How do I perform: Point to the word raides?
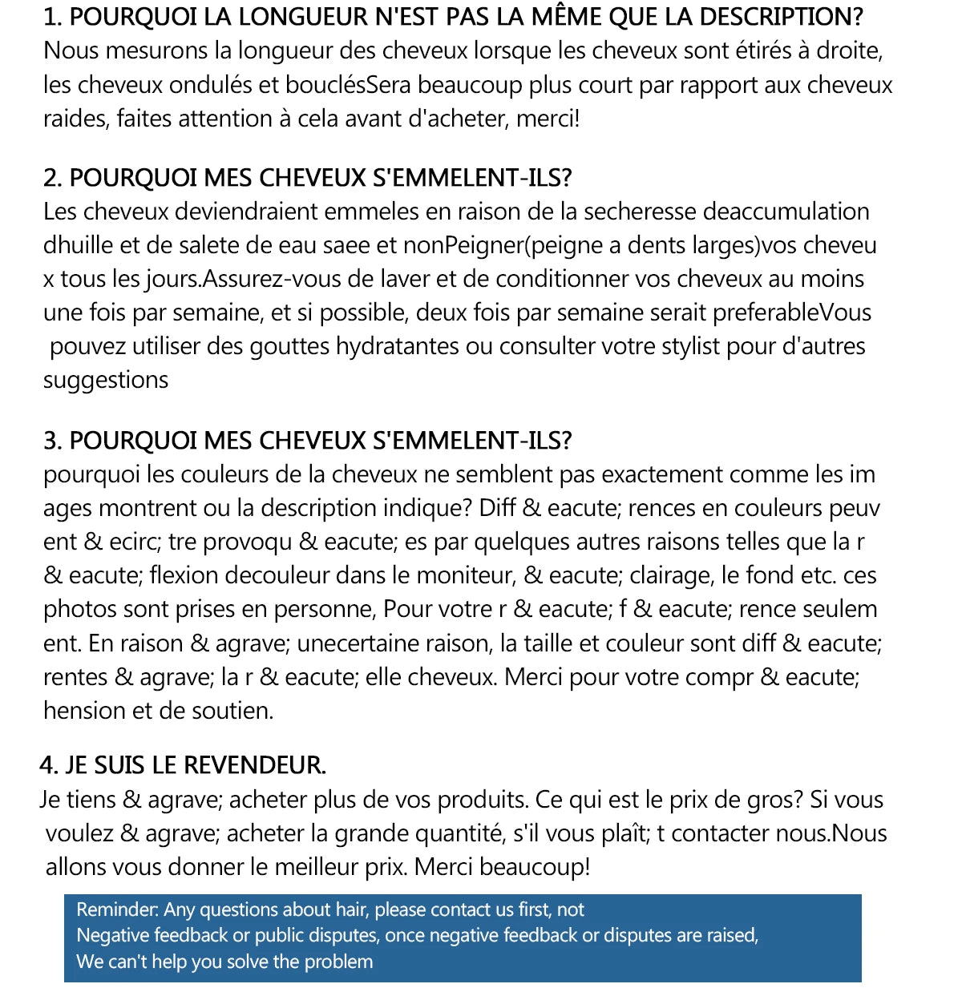click(75, 119)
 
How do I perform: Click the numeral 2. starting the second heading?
click(53, 178)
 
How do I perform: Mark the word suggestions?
click(106, 380)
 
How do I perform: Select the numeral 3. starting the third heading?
click(53, 441)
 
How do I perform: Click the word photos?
click(81, 609)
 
